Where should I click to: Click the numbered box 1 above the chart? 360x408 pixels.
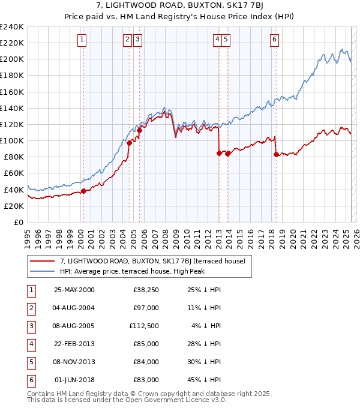[82, 40]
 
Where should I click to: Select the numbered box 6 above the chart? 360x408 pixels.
[274, 40]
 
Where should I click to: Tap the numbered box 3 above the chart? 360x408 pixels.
[138, 40]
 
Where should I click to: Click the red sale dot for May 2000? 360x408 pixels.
[84, 191]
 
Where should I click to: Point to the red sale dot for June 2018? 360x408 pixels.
[276, 154]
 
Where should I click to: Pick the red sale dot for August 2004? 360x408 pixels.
[129, 143]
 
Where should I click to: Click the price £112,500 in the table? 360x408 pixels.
[144, 326]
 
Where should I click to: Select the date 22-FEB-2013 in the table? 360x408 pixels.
[74, 344]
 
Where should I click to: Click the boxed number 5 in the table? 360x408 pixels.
[31, 362]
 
